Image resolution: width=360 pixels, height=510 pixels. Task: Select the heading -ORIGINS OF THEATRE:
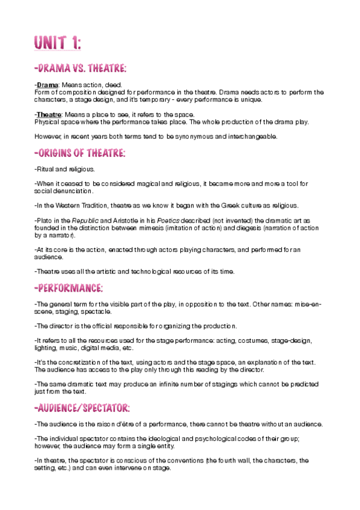click(x=80, y=154)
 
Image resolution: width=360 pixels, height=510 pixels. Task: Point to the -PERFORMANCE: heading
click(x=69, y=287)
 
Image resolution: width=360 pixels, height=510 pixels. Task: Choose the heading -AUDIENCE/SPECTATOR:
click(x=82, y=408)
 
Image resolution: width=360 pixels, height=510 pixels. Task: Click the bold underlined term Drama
click(x=47, y=85)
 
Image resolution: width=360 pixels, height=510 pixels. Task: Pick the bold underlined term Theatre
click(x=50, y=114)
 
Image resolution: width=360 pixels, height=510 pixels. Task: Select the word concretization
click(x=73, y=362)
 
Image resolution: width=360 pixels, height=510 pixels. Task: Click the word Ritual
click(x=46, y=170)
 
